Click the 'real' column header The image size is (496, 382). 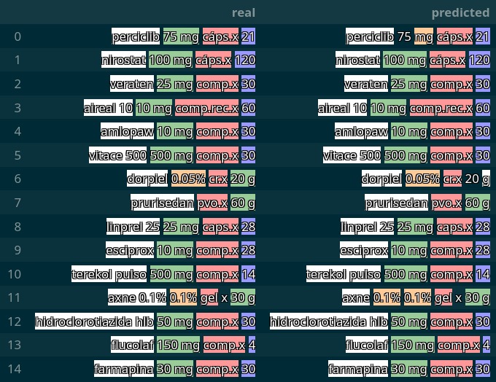(243, 12)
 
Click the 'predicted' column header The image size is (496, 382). (460, 12)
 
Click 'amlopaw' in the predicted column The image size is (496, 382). (361, 132)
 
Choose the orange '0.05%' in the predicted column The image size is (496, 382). (422, 179)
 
